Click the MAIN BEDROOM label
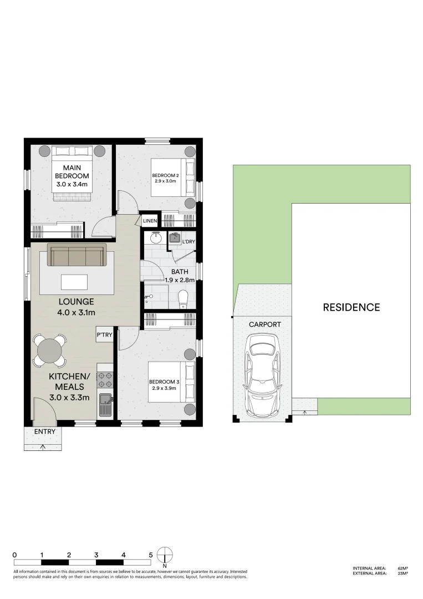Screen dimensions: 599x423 [72, 172]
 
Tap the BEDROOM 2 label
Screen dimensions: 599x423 [165, 179]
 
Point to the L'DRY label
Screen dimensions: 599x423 [188, 242]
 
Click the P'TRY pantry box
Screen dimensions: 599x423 [104, 336]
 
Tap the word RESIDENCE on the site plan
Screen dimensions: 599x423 [351, 307]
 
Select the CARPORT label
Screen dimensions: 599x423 [264, 324]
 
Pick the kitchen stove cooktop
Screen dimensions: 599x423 [105, 379]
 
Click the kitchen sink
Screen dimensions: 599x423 [105, 403]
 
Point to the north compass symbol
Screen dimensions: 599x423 [165, 555]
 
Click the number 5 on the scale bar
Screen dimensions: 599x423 [151, 555]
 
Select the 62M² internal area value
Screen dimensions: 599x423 [402, 568]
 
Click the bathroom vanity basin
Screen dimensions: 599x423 [156, 238]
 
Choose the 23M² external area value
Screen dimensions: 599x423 [402, 573]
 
